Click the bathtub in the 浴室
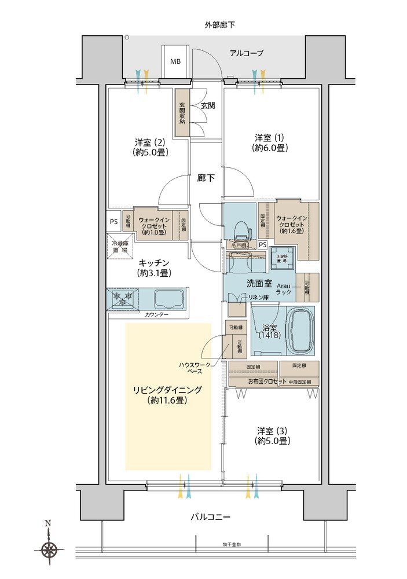(300, 331)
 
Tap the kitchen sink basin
(169, 299)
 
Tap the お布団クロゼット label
(267, 382)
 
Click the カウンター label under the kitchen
(157, 314)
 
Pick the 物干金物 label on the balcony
(231, 544)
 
